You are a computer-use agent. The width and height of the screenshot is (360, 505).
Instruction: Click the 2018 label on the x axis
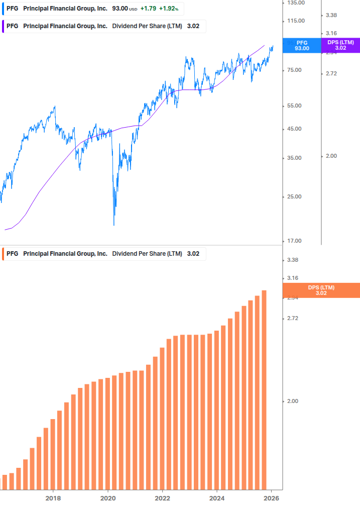coord(53,498)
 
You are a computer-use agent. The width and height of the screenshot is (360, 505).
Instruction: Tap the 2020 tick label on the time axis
coord(108,498)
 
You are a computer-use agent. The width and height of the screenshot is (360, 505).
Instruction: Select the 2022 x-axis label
coord(162,498)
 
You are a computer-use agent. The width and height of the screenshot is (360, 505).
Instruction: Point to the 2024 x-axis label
coord(217,498)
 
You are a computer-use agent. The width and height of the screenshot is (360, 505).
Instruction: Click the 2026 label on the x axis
coord(271,498)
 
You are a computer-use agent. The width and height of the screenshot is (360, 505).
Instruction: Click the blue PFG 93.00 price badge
coord(302,45)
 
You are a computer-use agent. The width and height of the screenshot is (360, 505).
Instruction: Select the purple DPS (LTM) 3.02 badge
coord(340,45)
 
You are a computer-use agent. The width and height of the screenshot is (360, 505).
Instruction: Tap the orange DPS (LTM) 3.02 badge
coord(321,290)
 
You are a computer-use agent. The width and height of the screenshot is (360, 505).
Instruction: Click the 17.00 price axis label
coord(295,241)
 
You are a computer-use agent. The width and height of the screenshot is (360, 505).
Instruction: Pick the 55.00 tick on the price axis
coord(295,106)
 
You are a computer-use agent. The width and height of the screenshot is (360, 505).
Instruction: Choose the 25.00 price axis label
coord(295,196)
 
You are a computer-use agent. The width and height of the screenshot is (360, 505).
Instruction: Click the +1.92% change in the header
coord(169,9)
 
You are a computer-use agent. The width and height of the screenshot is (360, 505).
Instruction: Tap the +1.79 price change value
coord(148,9)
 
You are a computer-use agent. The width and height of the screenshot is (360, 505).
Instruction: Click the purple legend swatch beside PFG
coord(4,26)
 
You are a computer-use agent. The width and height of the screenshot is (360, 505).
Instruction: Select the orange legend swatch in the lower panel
coord(4,254)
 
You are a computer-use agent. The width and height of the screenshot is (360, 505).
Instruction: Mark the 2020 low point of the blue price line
coord(114,225)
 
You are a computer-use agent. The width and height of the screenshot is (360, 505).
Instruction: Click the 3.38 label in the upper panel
coord(331,16)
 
